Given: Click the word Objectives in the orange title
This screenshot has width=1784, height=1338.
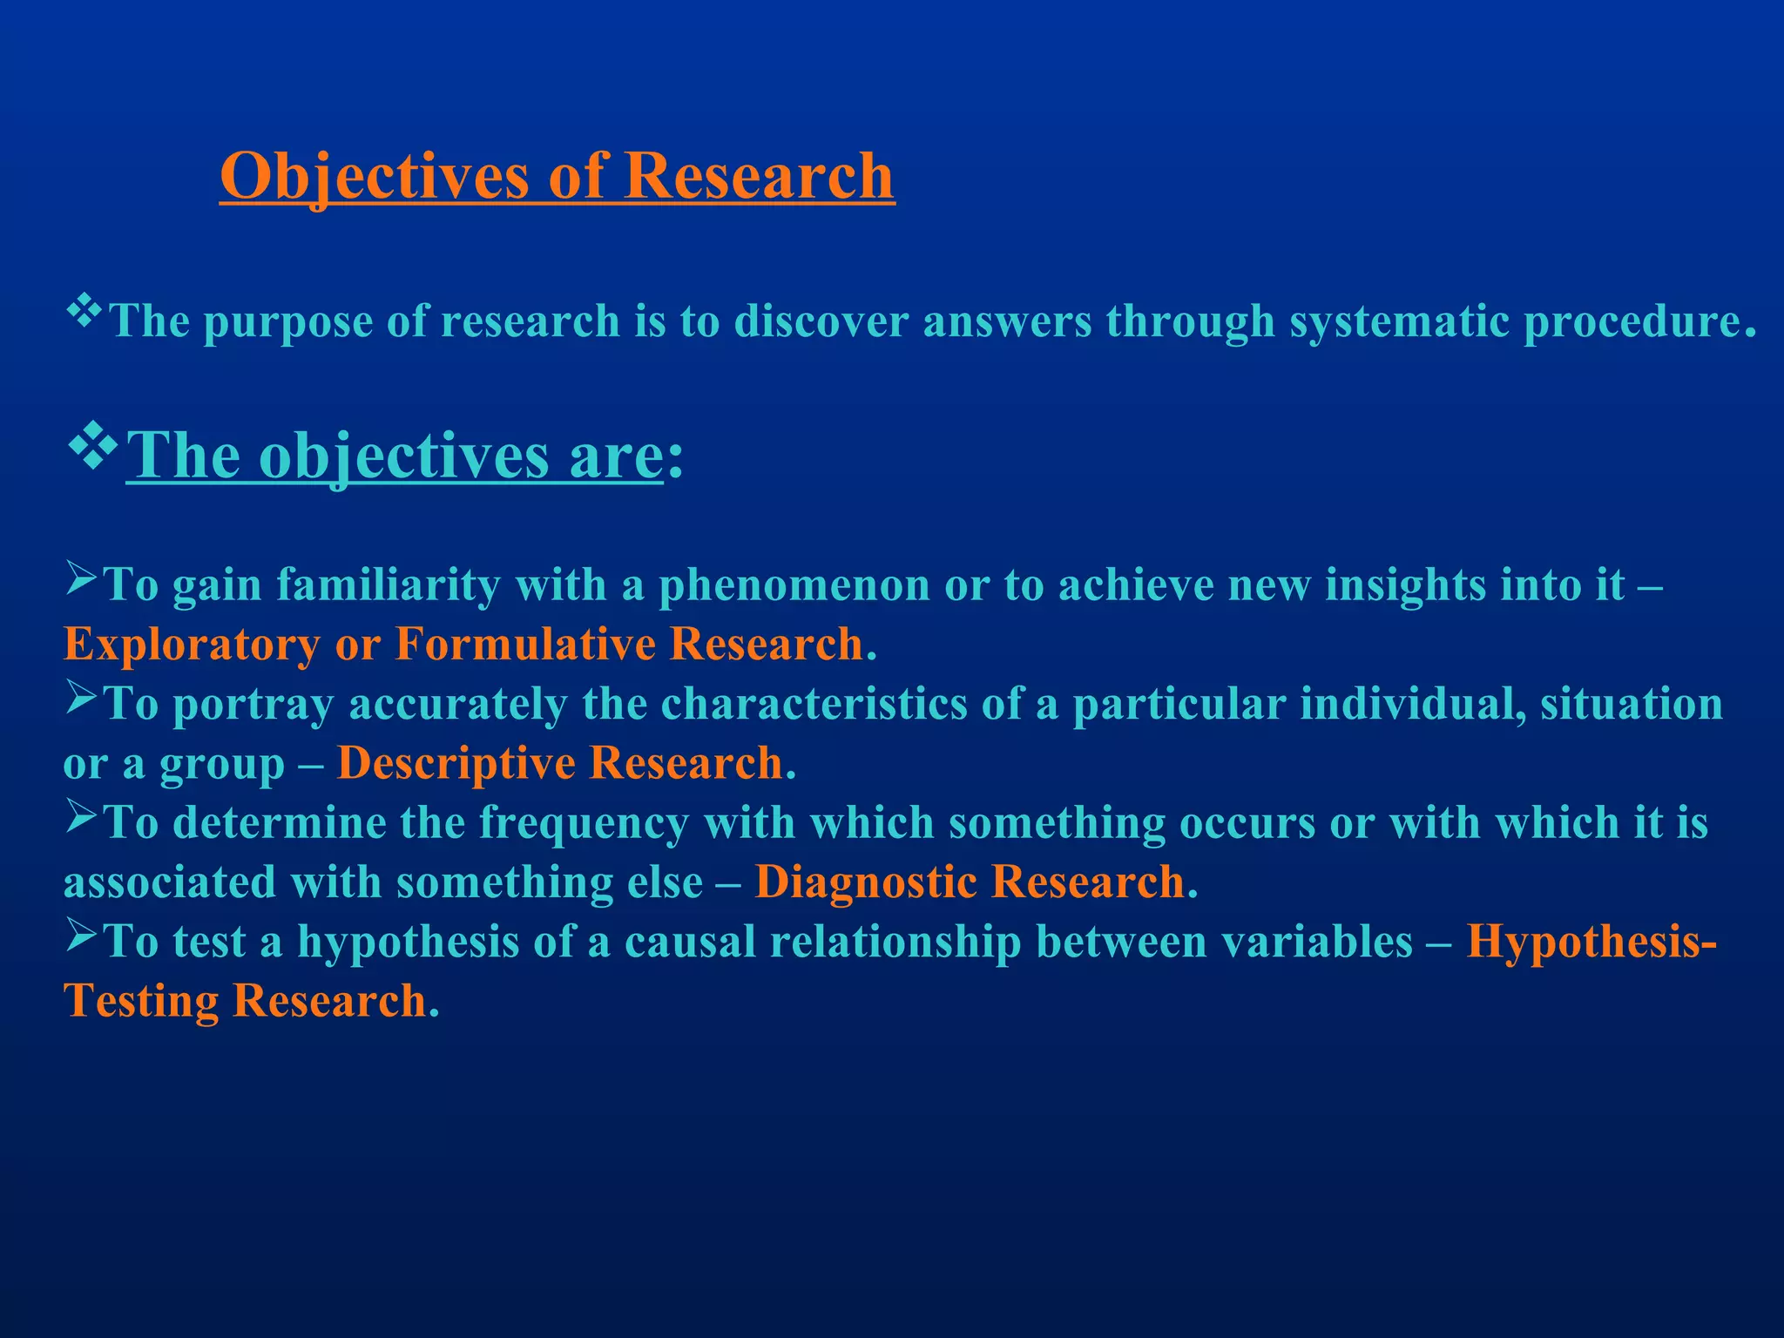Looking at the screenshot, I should (375, 177).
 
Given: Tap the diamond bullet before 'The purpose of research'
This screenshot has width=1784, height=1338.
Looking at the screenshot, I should (84, 312).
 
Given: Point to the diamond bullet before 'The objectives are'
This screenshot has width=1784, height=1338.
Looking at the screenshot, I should (92, 447).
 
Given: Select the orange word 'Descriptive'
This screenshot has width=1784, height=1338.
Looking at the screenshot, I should (456, 764).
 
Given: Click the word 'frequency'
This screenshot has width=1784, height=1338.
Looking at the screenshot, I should (584, 823).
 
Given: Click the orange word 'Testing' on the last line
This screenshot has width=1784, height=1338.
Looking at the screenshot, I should (140, 1002).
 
